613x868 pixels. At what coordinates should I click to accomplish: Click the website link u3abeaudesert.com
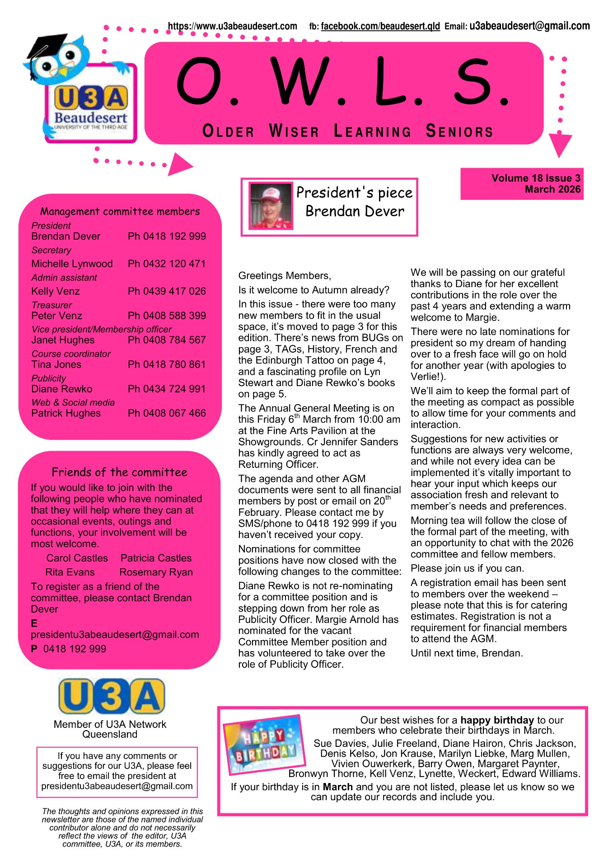coord(232,26)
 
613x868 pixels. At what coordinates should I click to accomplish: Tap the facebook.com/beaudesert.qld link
coord(380,26)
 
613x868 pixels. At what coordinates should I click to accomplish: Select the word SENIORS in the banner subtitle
coord(459,131)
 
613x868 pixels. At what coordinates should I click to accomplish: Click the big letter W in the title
coord(302,81)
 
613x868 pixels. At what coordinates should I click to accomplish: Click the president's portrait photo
coord(271,206)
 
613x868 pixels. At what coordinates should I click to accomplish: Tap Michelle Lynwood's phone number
coord(166,264)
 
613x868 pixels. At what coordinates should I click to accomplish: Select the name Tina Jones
coord(56,364)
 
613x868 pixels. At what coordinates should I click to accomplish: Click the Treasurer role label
coord(51,305)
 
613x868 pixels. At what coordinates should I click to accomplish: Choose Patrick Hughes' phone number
coord(166,413)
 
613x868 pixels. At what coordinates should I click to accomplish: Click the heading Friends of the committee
coord(119,472)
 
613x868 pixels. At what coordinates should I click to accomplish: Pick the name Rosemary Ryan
coord(156,572)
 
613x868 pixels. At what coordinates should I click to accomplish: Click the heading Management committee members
coord(120,212)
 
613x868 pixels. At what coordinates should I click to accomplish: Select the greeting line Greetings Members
coord(285,276)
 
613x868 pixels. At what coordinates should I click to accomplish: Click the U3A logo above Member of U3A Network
coord(111,696)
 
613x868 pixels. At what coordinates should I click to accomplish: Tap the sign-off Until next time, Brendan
coord(467,653)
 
